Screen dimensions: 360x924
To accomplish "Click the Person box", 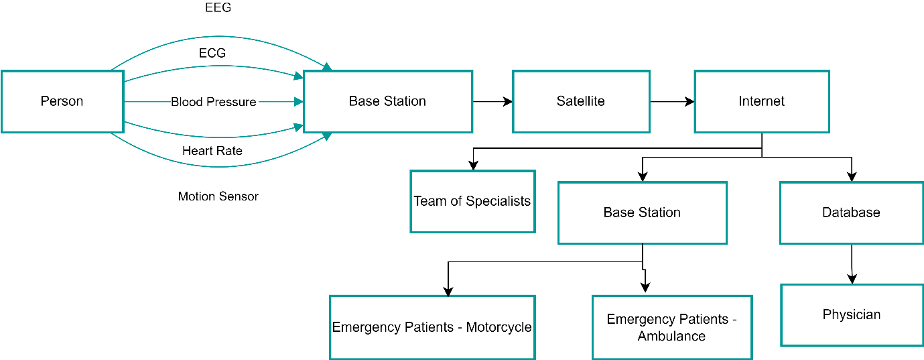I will pyautogui.click(x=62, y=101).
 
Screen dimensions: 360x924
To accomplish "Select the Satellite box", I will pyautogui.click(x=581, y=101).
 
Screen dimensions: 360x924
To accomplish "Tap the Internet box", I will pyautogui.click(x=762, y=101).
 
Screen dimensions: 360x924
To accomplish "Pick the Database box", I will pyautogui.click(x=851, y=213).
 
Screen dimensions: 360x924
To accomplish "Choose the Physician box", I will pyautogui.click(x=852, y=314).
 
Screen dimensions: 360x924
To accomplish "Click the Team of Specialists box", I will pyautogui.click(x=472, y=201).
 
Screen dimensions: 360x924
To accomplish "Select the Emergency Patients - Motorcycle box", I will pyautogui.click(x=432, y=327).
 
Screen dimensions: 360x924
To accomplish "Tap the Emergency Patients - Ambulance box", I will pyautogui.click(x=672, y=327).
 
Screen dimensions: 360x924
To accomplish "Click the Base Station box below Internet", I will pyautogui.click(x=642, y=213).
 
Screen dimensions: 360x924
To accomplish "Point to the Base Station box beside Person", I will pyautogui.click(x=388, y=101).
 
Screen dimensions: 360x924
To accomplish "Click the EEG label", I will pyautogui.click(x=218, y=9).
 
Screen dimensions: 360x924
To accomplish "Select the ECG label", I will pyautogui.click(x=212, y=53).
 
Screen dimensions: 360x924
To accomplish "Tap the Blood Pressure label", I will pyautogui.click(x=214, y=102).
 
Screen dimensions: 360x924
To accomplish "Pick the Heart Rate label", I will pyautogui.click(x=212, y=151).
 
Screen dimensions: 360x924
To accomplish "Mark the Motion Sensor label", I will pyautogui.click(x=218, y=196).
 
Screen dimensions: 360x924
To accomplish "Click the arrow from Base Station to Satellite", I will pyautogui.click(x=492, y=102).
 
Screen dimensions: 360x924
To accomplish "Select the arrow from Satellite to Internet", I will pyautogui.click(x=672, y=102).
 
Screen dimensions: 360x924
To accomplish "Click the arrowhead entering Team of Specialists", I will pyautogui.click(x=473, y=166).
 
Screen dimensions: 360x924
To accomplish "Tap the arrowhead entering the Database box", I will pyautogui.click(x=852, y=178).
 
